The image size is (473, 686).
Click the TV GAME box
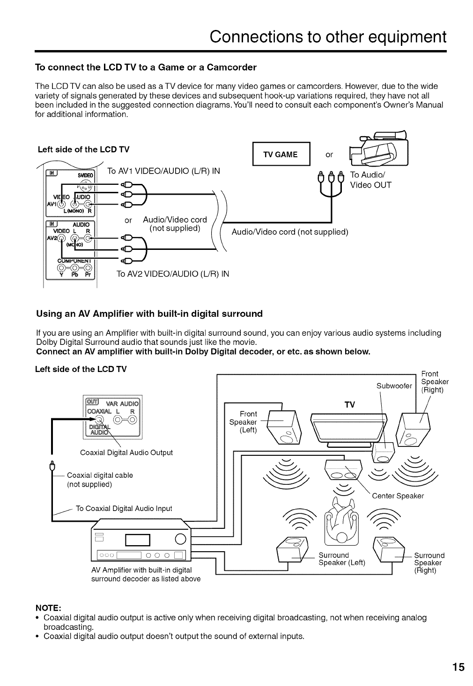tap(281, 154)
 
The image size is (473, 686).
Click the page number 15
tap(458, 667)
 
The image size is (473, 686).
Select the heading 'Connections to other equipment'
tap(327, 36)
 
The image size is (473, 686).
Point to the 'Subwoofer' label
tap(394, 386)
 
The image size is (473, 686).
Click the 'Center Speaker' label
tap(398, 496)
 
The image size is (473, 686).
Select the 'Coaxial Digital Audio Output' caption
tap(126, 452)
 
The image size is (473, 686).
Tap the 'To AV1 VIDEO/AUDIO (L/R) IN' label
tap(163, 171)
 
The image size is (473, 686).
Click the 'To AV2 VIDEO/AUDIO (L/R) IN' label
tap(172, 273)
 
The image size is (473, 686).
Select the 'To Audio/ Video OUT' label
tap(370, 180)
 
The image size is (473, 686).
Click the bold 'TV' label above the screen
tap(350, 405)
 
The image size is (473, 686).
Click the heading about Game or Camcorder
tap(146, 67)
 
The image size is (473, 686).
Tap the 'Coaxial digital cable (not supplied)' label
tap(99, 480)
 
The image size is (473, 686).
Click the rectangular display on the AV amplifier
tap(137, 540)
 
